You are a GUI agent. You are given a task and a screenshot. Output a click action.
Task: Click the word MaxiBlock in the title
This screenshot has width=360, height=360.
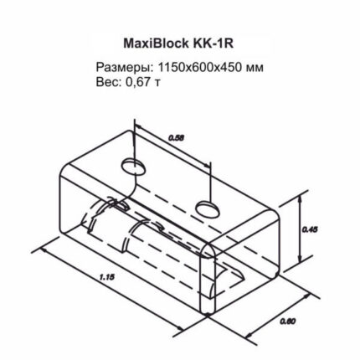point(156,44)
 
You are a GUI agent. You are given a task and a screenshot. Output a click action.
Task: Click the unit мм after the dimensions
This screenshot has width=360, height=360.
point(255,69)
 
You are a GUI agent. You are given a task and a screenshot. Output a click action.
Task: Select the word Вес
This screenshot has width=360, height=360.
point(108,82)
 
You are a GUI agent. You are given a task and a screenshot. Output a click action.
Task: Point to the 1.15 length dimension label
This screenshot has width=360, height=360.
point(107,277)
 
